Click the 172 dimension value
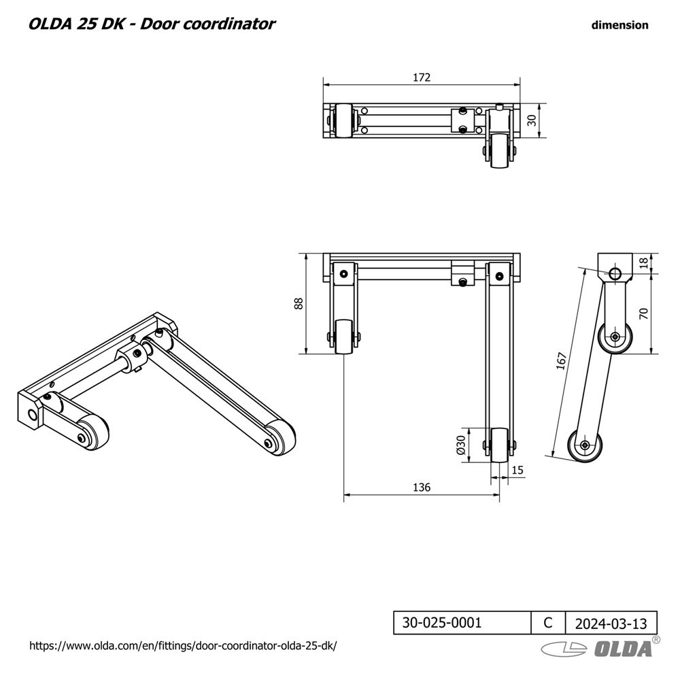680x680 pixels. coord(422,78)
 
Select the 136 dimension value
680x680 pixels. coord(422,487)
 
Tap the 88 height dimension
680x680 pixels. coord(298,303)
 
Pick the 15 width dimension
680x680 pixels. coord(517,469)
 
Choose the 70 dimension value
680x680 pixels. coord(644,313)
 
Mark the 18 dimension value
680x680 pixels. coord(644,263)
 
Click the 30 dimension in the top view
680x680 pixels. coord(532,120)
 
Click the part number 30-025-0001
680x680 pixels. coord(442,622)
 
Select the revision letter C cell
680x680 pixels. coord(548,622)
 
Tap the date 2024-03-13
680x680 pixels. coord(611,623)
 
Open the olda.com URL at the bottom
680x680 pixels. coord(183,645)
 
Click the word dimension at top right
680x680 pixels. coord(619,25)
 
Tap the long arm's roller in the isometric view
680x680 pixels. coord(277,439)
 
